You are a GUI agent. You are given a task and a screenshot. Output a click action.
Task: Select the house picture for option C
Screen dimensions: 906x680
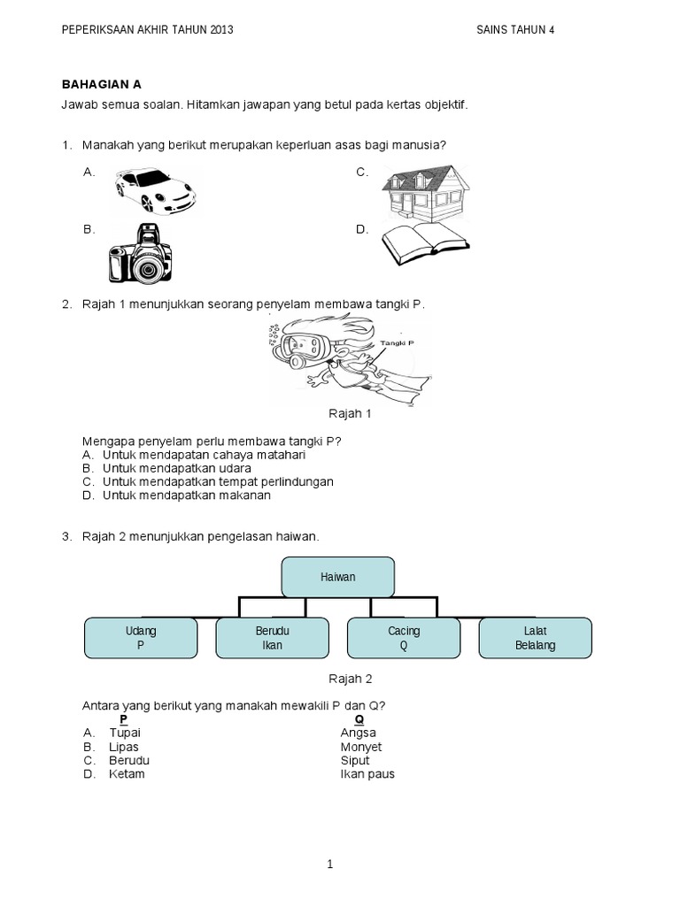426,192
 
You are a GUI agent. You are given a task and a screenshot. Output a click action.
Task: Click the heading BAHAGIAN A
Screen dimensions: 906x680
101,84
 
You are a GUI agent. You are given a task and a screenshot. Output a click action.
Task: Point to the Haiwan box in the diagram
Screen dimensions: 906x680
338,577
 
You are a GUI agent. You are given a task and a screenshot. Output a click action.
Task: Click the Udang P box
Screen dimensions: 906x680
141,638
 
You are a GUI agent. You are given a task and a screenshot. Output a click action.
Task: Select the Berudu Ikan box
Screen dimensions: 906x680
272,638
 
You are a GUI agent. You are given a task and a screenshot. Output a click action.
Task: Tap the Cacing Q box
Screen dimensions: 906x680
404,638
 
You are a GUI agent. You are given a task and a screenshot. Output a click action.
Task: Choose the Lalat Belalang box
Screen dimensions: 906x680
535,638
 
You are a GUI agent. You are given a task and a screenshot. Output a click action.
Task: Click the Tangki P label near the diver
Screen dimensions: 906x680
396,342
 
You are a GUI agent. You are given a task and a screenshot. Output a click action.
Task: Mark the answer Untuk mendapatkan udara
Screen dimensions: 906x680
177,468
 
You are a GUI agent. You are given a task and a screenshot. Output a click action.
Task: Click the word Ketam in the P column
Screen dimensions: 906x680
127,774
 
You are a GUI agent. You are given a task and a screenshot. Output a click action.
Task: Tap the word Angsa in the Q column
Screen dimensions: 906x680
358,733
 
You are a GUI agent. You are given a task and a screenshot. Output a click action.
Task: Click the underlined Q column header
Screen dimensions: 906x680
359,720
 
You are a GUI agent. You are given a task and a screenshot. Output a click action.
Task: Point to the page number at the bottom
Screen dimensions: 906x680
329,864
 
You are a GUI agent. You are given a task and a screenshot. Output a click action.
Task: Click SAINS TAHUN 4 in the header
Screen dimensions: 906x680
515,29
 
